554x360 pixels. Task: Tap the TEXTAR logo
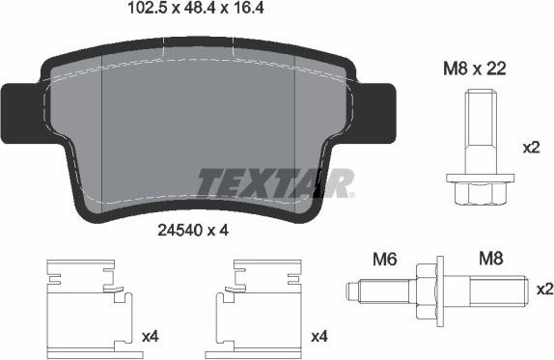pos(275,180)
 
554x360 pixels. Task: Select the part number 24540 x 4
pos(192,230)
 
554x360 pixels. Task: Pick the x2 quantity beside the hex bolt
pos(531,149)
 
